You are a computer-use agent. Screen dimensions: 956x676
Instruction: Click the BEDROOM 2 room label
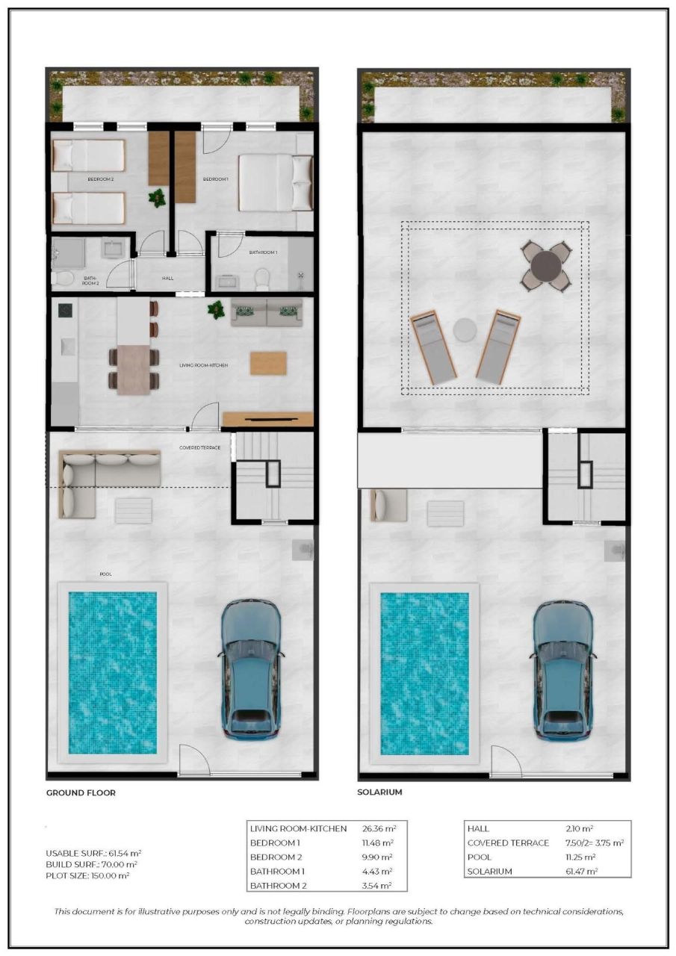click(101, 180)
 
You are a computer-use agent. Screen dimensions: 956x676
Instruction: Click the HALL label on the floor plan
click(168, 279)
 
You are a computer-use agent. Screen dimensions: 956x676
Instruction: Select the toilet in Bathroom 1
click(261, 279)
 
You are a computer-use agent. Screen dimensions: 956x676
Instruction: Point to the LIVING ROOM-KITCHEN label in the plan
click(204, 365)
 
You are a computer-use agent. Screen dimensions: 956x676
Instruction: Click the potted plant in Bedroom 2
click(158, 198)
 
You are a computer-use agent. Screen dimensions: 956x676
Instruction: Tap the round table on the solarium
click(547, 265)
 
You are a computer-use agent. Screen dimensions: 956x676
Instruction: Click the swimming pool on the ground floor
click(113, 672)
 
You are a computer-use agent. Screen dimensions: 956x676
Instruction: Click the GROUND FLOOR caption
click(81, 792)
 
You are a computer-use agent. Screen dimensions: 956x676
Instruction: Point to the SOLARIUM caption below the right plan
click(380, 792)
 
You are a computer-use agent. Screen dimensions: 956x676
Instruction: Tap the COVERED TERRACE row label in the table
click(508, 842)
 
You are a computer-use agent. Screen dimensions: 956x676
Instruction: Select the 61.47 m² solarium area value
click(580, 872)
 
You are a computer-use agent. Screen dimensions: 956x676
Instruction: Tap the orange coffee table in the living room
click(268, 363)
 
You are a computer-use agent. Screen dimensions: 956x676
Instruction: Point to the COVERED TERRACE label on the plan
click(200, 448)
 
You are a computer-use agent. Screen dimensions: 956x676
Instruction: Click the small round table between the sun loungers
click(465, 329)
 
